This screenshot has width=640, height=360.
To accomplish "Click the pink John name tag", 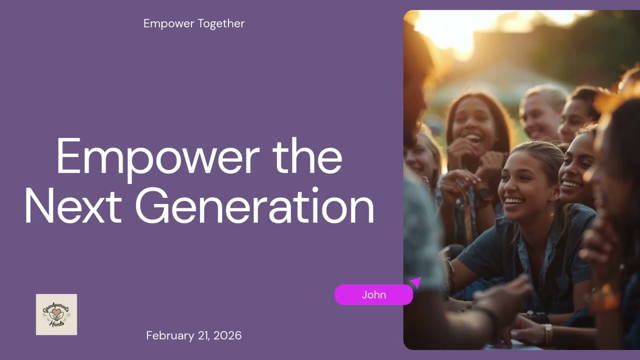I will (x=373, y=294).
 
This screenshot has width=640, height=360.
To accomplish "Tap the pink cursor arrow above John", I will (x=415, y=282).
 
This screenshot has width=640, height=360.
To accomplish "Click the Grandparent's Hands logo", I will (x=56, y=314).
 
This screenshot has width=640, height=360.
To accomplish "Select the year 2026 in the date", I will (x=227, y=335).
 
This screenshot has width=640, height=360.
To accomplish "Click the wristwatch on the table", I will (x=548, y=333).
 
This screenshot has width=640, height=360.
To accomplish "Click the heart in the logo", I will (x=56, y=313).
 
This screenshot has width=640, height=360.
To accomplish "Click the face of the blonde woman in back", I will (x=539, y=118).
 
